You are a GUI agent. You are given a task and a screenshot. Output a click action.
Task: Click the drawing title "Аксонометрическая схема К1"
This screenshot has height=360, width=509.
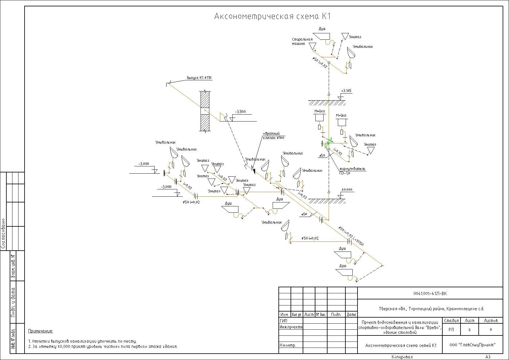coord(272,16)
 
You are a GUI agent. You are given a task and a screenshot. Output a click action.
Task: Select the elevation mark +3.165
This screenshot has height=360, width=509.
coord(346,91)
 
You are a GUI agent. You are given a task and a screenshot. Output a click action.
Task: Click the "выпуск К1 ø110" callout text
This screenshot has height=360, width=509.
coord(199,78)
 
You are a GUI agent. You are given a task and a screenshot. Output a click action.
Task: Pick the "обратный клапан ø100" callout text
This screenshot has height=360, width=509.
coord(273,136)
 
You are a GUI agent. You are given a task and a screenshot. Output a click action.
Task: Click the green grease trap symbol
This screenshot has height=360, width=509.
coord(328,143)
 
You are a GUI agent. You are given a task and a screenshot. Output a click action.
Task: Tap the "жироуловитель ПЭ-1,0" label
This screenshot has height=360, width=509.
coord(352,171)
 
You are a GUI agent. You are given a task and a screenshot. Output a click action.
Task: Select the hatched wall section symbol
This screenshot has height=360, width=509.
coord(205,111)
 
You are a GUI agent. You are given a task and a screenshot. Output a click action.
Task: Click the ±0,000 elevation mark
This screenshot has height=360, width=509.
coord(347,190)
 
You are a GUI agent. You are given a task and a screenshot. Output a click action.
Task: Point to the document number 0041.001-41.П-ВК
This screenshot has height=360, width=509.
coord(430,293)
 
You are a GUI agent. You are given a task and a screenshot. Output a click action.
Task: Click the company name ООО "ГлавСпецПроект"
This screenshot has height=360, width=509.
coord(472,345)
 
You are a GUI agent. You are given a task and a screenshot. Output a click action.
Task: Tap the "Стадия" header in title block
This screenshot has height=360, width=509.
coord(451,320)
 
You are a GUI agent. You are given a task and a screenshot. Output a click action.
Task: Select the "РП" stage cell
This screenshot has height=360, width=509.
coord(451,330)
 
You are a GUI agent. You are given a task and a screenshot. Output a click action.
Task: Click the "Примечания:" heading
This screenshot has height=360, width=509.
coord(41,331)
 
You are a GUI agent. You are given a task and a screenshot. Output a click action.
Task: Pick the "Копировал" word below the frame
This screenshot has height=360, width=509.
coord(402,357)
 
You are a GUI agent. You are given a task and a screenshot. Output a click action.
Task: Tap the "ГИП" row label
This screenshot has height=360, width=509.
coord(284,321)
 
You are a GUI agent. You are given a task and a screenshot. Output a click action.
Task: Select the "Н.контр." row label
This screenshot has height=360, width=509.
coord(288,345)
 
